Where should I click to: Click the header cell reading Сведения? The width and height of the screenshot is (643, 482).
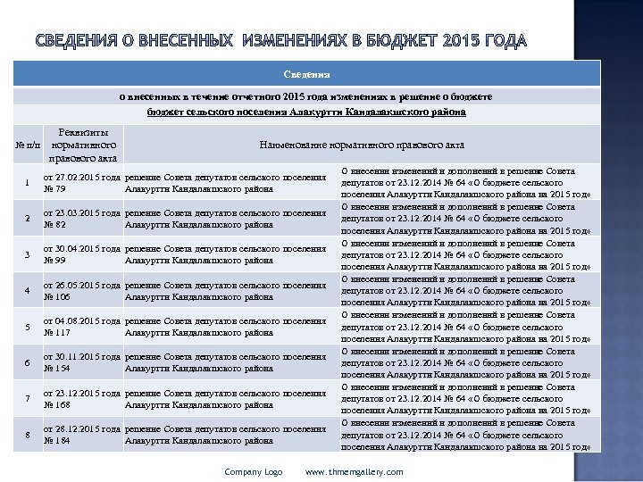(x=307, y=75)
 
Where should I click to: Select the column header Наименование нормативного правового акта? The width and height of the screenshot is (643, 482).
(x=361, y=145)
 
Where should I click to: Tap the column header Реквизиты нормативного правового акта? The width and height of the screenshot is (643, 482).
(x=82, y=145)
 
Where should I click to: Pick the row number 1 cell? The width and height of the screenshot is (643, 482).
(x=28, y=184)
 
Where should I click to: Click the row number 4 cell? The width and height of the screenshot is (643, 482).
(x=28, y=291)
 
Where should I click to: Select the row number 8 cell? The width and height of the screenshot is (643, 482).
(x=28, y=435)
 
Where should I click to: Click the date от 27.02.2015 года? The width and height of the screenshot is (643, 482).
(x=83, y=178)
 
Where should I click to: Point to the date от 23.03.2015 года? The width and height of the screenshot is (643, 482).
(x=83, y=213)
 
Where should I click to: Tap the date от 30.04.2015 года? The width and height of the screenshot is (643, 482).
(x=83, y=249)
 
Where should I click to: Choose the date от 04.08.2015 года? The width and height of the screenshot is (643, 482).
(x=83, y=321)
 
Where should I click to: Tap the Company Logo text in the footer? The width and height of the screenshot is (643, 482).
(x=253, y=472)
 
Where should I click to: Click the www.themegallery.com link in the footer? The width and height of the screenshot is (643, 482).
(x=354, y=472)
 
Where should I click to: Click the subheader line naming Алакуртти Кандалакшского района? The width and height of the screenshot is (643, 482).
(x=306, y=112)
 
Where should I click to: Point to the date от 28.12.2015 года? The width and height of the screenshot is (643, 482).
(x=83, y=429)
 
